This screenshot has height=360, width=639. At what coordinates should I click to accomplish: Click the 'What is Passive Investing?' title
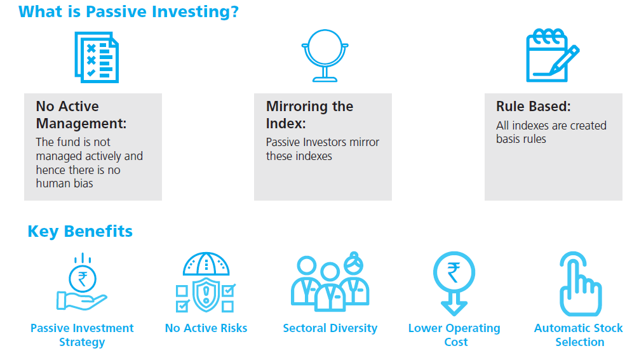[128, 12]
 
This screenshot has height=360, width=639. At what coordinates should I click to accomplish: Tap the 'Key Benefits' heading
[80, 231]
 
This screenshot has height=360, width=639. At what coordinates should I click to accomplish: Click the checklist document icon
[97, 57]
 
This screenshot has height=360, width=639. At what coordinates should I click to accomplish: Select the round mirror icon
[325, 56]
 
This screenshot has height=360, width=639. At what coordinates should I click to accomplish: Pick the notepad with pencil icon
[553, 55]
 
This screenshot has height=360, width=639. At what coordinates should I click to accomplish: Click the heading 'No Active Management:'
[81, 115]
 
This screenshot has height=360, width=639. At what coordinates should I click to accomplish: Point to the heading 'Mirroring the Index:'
[310, 115]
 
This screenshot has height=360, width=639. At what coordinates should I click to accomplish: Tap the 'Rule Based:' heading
[534, 106]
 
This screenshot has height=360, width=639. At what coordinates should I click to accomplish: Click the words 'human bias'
[64, 183]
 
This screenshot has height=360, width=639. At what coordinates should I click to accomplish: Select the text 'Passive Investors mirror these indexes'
[322, 149]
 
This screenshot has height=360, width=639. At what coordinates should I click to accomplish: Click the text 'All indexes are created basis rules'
[551, 132]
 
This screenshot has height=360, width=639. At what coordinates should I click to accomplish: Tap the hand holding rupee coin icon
[82, 281]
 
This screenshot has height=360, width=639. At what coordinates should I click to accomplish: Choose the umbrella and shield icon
[206, 282]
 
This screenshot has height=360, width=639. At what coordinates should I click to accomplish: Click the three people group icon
[330, 281]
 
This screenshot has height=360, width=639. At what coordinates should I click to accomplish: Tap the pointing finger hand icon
[581, 284]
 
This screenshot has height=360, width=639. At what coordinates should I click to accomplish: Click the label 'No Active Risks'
[206, 328]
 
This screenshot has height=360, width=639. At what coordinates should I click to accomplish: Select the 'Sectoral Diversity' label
[330, 328]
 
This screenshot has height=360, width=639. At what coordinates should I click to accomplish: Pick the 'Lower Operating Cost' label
[454, 335]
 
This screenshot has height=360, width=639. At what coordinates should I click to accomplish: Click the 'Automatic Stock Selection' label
[579, 335]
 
